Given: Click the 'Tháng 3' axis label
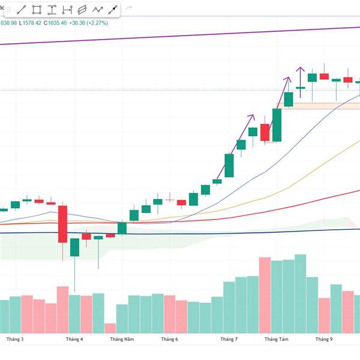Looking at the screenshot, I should tap(15, 339).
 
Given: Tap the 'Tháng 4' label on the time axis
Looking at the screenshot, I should tap(74, 339).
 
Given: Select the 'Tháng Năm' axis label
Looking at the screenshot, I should tap(122, 339).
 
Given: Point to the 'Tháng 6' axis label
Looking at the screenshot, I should tap(170, 339).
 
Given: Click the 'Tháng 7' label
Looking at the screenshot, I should tap(229, 339).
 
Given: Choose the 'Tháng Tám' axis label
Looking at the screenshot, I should tap(277, 339).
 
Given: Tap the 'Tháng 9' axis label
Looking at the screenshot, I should tap(324, 339).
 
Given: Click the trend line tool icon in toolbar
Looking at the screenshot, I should tap(22, 10).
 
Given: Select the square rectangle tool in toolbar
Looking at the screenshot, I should tap(37, 10).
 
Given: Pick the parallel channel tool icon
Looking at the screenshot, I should tap(82, 10).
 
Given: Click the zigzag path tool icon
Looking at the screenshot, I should tap(97, 10).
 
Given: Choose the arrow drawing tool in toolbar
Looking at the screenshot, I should tap(112, 10).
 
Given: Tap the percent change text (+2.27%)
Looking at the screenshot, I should tap(97, 23).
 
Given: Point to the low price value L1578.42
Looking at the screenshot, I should tap(30, 23).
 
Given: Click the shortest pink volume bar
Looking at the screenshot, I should tap(110, 328).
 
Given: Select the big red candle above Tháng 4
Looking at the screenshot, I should tap(62, 224).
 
